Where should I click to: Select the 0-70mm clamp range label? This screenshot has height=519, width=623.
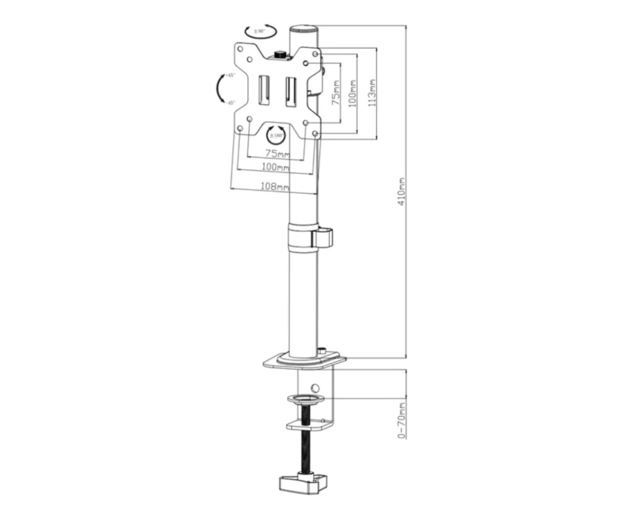click(x=401, y=420)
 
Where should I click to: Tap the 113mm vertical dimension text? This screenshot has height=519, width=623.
click(x=372, y=92)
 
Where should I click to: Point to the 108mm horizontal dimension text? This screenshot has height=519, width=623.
click(x=274, y=186)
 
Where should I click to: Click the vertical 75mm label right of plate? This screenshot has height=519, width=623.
click(x=336, y=92)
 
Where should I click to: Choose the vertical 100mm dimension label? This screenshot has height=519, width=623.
click(x=353, y=93)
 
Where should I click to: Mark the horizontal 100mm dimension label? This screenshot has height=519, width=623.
click(x=275, y=167)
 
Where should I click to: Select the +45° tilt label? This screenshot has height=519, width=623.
click(x=230, y=76)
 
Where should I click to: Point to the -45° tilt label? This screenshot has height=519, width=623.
click(x=230, y=102)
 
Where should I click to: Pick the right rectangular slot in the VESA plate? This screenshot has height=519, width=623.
click(x=290, y=89)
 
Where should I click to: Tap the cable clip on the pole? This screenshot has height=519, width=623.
click(x=322, y=238)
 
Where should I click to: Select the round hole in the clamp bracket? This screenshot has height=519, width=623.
click(x=314, y=387)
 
